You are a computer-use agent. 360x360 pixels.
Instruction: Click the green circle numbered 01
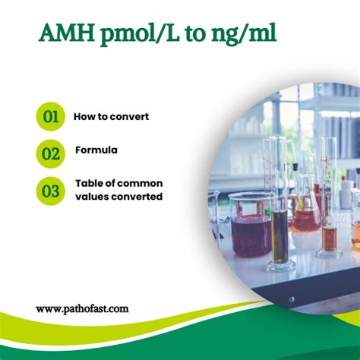click(51, 117)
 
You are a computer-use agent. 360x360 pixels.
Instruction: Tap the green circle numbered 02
click(51, 153)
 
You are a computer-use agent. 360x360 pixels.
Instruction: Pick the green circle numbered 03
click(51, 190)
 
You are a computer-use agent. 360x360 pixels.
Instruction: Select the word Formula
click(96, 150)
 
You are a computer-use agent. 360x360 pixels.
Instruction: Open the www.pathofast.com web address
click(82, 309)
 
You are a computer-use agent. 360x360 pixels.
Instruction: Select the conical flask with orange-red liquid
click(306, 216)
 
